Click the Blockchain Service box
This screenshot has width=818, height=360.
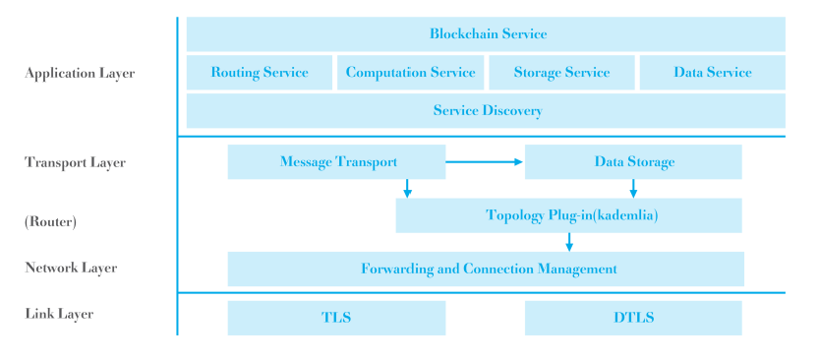pos(486,33)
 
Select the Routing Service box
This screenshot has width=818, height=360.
pos(260,73)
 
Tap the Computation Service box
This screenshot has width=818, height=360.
pos(411,73)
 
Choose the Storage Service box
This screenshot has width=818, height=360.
pos(561,73)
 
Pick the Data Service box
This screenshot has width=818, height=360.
pos(713,73)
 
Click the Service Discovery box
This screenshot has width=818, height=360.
pos(486,110)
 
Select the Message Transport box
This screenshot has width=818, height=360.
pos(336,161)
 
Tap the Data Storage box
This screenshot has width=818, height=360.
pos(633,161)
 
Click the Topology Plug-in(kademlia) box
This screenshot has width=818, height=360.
pos(568,215)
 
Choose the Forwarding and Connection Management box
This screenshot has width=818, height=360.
pos(486,270)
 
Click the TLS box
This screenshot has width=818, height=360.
pos(336,318)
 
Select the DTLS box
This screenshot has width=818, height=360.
pos(633,318)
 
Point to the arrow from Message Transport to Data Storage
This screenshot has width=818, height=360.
pos(484,162)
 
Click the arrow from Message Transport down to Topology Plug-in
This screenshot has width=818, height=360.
pos(407,188)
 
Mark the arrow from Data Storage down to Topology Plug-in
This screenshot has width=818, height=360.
pos(633,188)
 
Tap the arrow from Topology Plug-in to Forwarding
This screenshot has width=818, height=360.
pos(569,242)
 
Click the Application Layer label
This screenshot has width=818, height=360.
pos(80,74)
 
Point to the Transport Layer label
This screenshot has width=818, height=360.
pos(75,162)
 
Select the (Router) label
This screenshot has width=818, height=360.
pos(50,222)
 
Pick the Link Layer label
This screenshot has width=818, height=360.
pos(59,314)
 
